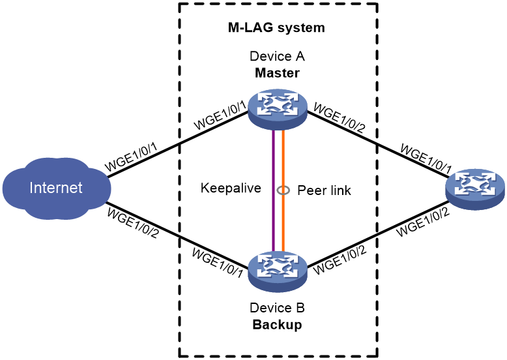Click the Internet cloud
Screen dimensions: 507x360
[57, 188]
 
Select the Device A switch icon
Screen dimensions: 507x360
[278, 110]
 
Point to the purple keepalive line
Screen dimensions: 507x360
[273, 191]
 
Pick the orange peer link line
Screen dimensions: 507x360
[283, 191]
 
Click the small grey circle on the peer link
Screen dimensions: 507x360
[283, 190]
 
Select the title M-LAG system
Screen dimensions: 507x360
[276, 27]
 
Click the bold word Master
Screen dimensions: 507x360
[277, 73]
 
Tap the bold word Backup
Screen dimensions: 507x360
[277, 324]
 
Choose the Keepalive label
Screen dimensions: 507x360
[231, 188]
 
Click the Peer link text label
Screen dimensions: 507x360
[324, 190]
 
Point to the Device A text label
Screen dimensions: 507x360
[277, 56]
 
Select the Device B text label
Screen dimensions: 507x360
[277, 308]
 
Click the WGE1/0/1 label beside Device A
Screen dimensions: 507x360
[220, 115]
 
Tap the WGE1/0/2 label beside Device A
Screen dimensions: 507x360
[339, 118]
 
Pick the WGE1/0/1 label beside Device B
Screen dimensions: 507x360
[217, 263]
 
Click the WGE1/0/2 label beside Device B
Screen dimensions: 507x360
[340, 260]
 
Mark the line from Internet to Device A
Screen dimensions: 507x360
[178, 145]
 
